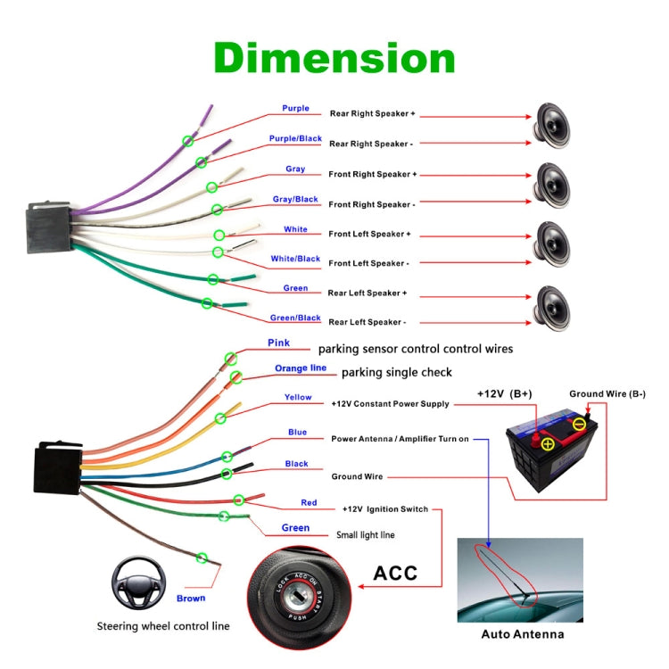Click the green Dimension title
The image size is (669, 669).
[334, 58]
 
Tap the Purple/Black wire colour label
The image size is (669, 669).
[295, 138]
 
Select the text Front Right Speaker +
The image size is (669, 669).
[372, 174]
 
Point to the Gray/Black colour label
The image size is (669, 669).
[294, 199]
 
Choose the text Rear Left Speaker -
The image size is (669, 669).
[367, 322]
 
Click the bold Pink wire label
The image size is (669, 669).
[278, 343]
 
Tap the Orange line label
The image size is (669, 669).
[300, 368]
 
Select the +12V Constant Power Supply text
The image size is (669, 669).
[390, 404]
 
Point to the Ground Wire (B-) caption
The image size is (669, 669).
[607, 393]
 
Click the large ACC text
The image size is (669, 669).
[395, 572]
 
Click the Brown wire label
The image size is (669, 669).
[191, 599]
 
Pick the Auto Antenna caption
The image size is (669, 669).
[523, 634]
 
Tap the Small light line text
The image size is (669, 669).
[365, 535]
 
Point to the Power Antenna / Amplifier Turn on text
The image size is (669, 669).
[399, 439]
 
